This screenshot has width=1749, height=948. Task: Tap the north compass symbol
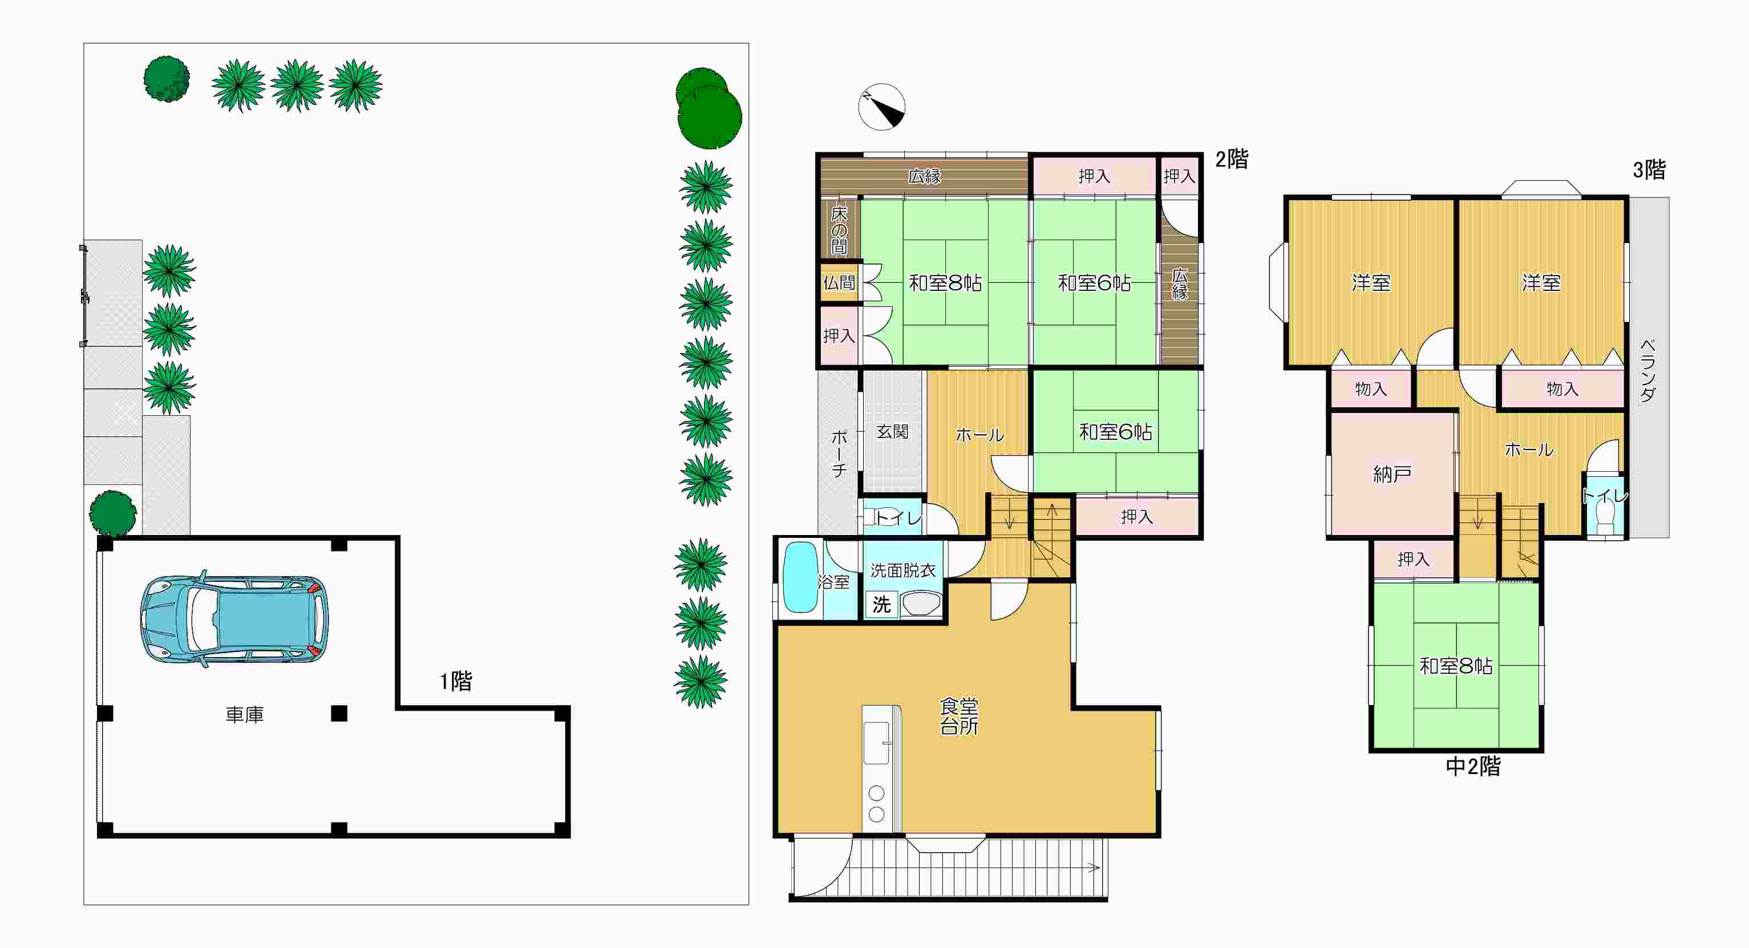[881, 107]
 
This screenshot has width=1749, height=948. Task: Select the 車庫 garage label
[244, 714]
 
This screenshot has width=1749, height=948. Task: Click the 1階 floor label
[456, 681]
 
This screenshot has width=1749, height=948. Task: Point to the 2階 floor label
[1232, 159]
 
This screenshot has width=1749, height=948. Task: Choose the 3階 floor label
[1649, 170]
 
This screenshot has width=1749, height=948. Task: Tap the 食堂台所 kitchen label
[959, 716]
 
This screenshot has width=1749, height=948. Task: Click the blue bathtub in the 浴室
[800, 577]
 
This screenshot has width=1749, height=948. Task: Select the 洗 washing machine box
[881, 603]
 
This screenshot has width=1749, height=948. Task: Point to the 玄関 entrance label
[892, 432]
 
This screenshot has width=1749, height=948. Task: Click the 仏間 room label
[839, 282]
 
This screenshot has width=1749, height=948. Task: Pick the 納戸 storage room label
[1392, 474]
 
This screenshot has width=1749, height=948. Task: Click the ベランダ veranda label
[1648, 371]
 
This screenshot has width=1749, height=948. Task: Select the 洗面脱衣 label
[903, 570]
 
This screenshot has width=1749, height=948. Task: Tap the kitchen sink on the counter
[876, 743]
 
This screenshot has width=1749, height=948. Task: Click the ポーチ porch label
[839, 453]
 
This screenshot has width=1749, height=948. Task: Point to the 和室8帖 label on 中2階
[1456, 666]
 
